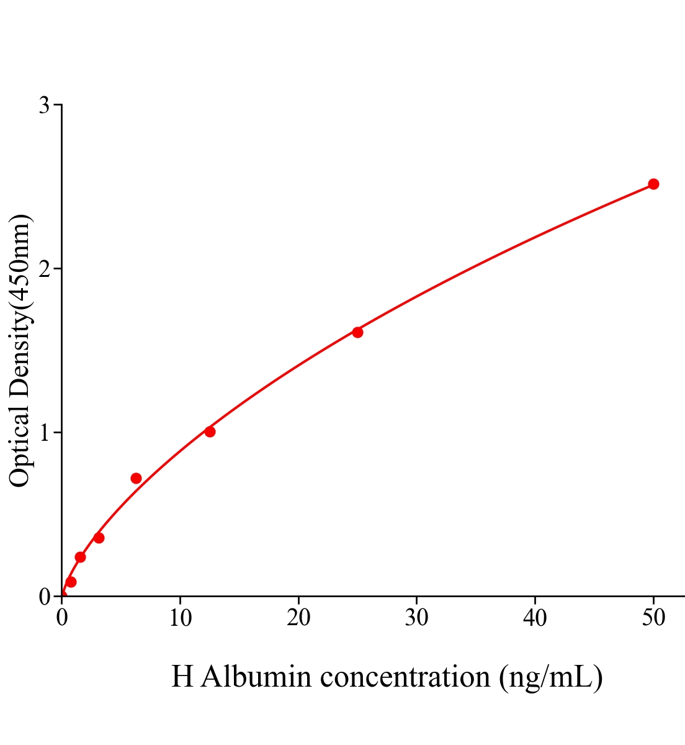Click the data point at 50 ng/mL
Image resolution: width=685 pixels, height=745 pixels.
653,184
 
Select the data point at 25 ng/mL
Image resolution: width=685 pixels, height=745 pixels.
357,332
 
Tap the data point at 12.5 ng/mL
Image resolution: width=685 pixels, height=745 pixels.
210,431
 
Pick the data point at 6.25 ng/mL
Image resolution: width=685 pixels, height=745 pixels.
136,478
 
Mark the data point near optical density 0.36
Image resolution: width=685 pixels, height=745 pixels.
99,538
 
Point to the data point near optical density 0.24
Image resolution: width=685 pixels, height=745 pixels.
80,557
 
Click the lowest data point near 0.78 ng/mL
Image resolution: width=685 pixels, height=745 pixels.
71,582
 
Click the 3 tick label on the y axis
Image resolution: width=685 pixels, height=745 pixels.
44,106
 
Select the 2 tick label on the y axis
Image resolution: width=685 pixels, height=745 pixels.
44,269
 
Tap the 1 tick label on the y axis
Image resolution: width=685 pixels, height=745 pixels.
44,433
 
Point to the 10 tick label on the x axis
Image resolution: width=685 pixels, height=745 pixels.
180,618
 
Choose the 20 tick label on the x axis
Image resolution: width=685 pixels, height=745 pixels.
298,618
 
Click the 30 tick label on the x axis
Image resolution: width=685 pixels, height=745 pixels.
416,618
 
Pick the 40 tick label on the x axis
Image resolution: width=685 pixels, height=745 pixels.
535,618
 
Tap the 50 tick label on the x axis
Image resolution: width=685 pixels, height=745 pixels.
653,618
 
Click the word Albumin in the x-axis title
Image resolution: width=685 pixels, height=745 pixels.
256,677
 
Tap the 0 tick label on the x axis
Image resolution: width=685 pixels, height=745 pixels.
62,618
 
